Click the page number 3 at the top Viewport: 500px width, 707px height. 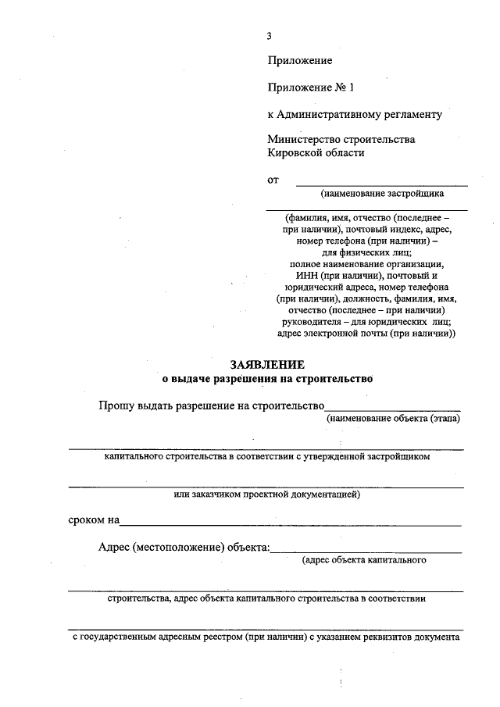click(269, 36)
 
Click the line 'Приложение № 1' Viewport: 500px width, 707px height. click(310, 87)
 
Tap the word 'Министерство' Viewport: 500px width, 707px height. click(301, 140)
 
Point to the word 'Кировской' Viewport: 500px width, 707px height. click(292, 153)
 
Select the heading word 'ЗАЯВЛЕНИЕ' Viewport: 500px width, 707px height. click(266, 365)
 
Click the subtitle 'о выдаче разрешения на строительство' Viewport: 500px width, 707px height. click(267, 379)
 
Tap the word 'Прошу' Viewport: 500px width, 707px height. click(115, 405)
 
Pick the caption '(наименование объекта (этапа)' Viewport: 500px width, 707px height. click(393, 419)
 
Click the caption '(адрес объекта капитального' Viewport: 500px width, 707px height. click(363, 560)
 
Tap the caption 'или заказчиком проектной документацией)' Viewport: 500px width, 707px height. click(266, 495)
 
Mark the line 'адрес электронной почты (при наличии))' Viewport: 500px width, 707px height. click(366, 333)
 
